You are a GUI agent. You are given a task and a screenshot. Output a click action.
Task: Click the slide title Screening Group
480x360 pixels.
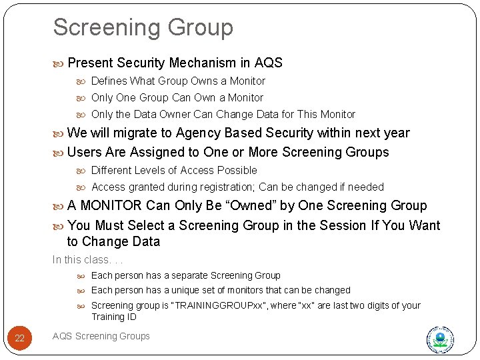(x=143, y=27)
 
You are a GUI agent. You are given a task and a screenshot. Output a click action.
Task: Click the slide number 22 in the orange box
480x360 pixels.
(x=19, y=338)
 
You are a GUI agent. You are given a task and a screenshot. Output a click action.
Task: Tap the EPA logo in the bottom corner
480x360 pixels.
(x=439, y=340)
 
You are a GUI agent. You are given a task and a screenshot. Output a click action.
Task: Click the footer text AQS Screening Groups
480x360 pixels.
(x=101, y=336)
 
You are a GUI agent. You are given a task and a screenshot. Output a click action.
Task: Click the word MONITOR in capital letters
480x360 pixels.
(x=111, y=206)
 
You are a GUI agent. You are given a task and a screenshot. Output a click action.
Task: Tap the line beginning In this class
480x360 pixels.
(x=88, y=260)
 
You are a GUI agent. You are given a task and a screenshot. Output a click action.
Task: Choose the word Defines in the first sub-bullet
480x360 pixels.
(x=109, y=81)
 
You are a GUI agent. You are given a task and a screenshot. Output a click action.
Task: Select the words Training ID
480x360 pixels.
(x=113, y=317)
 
